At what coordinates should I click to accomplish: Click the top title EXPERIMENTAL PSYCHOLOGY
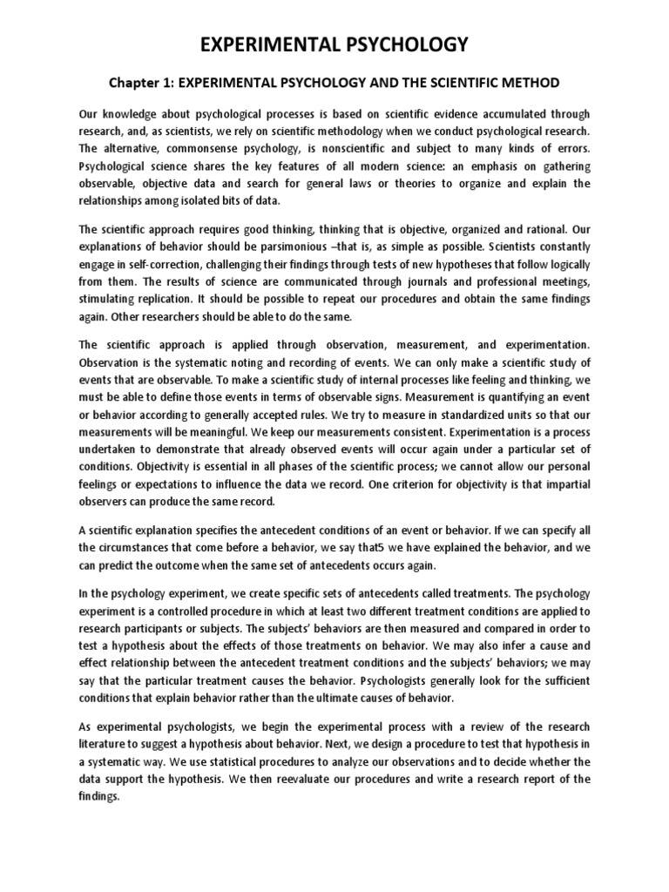pos(334,44)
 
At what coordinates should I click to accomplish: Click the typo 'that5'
pos(363,548)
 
